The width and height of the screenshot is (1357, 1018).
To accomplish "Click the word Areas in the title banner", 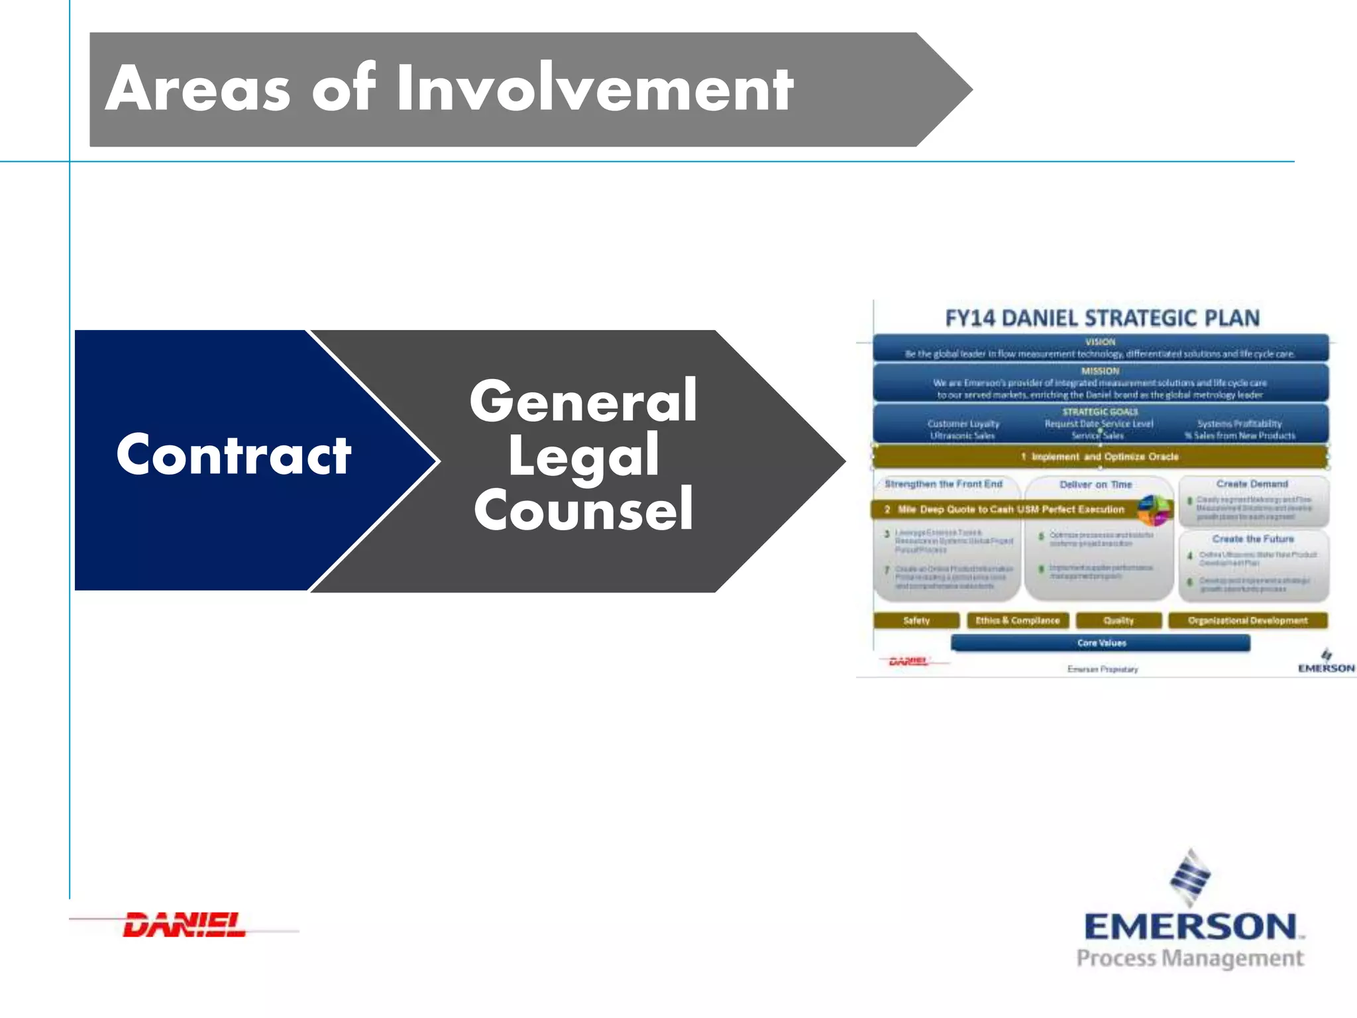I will pos(197,89).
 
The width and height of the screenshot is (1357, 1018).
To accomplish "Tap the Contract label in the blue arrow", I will pos(233,455).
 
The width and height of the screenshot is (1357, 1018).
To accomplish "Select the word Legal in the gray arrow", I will pos(583,455).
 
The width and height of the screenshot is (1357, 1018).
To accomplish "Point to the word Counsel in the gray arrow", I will pos(583,510).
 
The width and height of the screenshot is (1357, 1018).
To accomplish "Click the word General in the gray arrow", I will pos(583,401).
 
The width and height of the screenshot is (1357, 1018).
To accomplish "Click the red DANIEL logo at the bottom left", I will pos(184,925).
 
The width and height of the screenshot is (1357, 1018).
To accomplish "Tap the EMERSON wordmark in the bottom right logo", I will pos(1191,927).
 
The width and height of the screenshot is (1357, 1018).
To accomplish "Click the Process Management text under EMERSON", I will pos(1190,958).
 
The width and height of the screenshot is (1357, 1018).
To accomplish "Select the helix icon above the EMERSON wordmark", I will pos(1191,877).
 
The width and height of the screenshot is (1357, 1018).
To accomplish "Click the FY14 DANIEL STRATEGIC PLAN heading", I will pos(1102,318).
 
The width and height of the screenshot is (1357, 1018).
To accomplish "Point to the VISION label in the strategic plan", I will pos(1101,342).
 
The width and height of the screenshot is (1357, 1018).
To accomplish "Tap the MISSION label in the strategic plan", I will pos(1101,371).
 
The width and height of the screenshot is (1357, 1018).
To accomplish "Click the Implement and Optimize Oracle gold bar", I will pos(1100,457).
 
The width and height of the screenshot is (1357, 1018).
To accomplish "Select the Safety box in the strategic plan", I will pos(916,621).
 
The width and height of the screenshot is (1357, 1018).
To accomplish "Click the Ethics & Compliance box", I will pos(1018,621).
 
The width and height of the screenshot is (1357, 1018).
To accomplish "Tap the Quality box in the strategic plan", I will pos(1118,621).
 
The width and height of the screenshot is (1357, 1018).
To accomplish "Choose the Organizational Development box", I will pos(1248,621).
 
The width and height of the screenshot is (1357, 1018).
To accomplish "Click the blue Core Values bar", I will pos(1101,643).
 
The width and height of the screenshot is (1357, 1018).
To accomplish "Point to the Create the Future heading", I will pos(1252,539).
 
